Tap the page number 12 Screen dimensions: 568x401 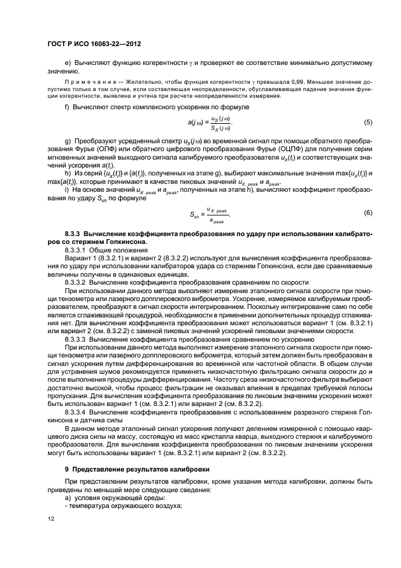(x=52, y=519)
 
